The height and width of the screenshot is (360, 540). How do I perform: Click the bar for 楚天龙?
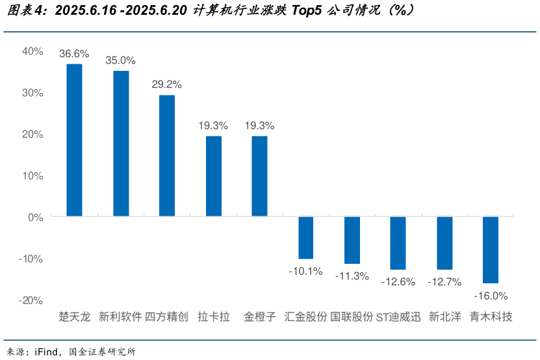pyautogui.click(x=74, y=140)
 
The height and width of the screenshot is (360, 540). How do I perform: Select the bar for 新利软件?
pyautogui.click(x=121, y=143)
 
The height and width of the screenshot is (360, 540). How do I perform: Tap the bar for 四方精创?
pyautogui.click(x=167, y=155)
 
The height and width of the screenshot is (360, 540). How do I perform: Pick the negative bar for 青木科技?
pyautogui.click(x=491, y=250)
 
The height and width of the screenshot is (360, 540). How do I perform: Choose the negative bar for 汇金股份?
pyautogui.click(x=305, y=237)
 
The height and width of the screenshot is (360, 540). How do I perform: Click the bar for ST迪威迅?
pyautogui.click(x=398, y=242)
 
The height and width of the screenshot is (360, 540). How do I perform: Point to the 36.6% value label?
pyautogui.click(x=74, y=53)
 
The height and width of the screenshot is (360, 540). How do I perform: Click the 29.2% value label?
pyautogui.click(x=167, y=84)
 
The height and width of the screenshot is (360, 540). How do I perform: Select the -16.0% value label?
pyautogui.click(x=491, y=296)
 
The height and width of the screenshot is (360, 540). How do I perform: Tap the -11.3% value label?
pyautogui.click(x=352, y=276)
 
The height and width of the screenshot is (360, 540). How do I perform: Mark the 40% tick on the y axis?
pyautogui.click(x=32, y=51)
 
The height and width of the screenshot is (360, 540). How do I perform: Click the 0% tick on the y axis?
pyautogui.click(x=35, y=217)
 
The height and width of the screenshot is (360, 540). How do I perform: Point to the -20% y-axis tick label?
pyautogui.click(x=31, y=300)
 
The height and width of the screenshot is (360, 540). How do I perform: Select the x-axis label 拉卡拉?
pyautogui.click(x=214, y=317)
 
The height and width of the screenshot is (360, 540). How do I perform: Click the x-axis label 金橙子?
pyautogui.click(x=260, y=317)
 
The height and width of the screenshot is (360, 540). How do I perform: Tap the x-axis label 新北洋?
pyautogui.click(x=444, y=317)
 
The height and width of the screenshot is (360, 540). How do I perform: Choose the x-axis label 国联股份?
pyautogui.click(x=352, y=317)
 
